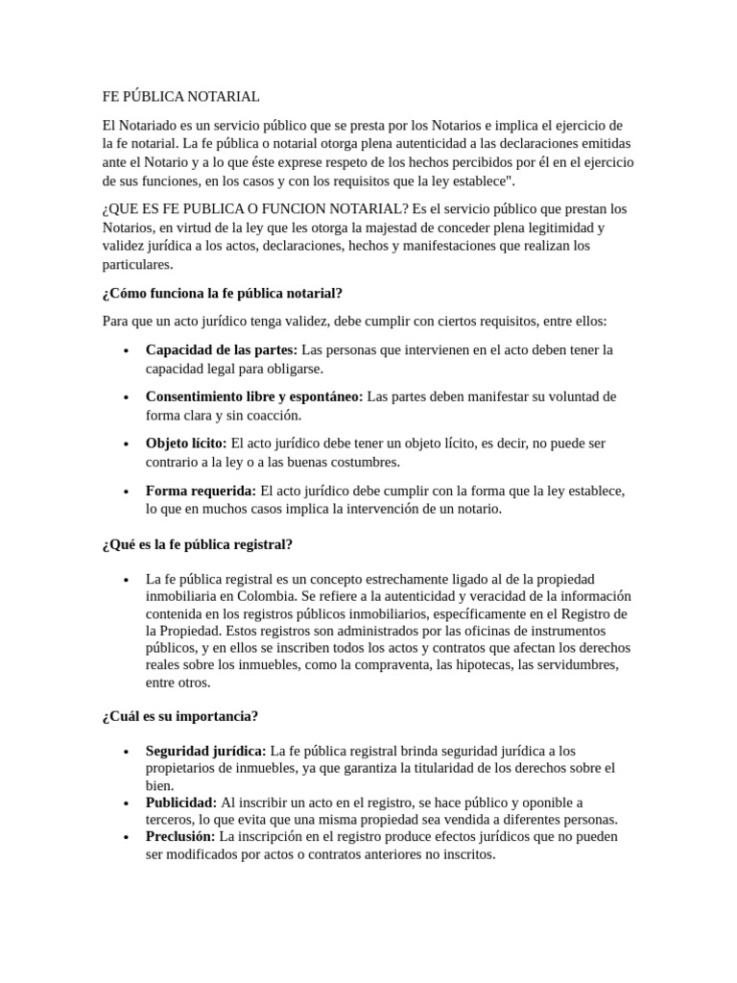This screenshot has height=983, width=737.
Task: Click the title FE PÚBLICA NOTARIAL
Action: (x=181, y=97)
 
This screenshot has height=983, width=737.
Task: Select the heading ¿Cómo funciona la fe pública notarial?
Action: (x=222, y=293)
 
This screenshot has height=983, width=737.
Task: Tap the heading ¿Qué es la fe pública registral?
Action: (x=197, y=544)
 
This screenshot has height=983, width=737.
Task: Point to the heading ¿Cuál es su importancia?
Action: (x=179, y=716)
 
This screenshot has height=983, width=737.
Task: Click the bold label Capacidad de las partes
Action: (x=222, y=349)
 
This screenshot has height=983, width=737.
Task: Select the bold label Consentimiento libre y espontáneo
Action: (x=254, y=396)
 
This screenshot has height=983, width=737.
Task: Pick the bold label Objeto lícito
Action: (x=186, y=444)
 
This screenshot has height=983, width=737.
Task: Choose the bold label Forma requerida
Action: (x=201, y=491)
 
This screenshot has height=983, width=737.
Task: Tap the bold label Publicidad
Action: (x=181, y=802)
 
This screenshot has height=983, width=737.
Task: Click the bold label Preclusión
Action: (x=180, y=836)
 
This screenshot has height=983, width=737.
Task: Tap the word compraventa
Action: (x=392, y=665)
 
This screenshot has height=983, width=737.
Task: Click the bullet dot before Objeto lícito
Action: (x=127, y=444)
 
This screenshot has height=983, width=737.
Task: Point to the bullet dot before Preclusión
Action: (x=127, y=837)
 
